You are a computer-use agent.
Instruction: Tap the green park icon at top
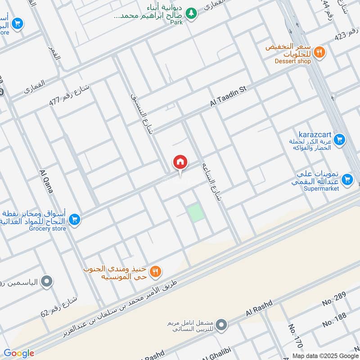(x=192, y=13)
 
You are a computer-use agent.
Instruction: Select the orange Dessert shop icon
(x=319, y=52)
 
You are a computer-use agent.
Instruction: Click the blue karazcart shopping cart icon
(x=340, y=140)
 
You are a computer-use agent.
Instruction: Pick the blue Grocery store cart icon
(x=75, y=219)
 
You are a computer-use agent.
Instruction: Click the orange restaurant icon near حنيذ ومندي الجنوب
(x=156, y=271)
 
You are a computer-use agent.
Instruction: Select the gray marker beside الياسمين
(x=46, y=283)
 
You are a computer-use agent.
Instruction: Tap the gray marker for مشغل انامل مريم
(x=221, y=324)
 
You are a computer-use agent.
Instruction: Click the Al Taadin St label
(x=229, y=97)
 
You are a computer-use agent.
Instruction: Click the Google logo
(x=19, y=353)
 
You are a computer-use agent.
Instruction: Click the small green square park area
(x=195, y=212)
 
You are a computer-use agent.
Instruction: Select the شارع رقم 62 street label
(x=59, y=306)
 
